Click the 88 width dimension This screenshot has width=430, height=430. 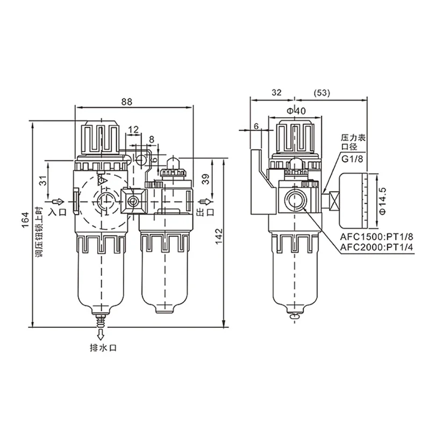126,102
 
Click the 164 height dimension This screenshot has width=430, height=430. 25,220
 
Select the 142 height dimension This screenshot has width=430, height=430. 219,236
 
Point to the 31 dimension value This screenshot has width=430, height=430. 43,181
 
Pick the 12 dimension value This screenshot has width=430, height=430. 133,129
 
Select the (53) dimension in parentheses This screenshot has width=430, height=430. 321,92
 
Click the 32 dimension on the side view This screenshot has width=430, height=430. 276,92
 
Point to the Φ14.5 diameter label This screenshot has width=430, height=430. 383,200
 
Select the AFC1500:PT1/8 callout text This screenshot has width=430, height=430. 377,236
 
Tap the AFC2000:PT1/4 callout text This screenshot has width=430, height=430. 377,247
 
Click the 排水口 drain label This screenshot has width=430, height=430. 103,348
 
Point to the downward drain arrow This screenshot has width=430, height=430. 101,334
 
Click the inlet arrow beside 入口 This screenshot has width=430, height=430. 58,202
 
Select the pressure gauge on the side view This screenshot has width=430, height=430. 353,200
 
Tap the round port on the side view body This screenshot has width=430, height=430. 295,199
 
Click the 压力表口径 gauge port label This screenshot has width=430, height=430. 353,142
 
